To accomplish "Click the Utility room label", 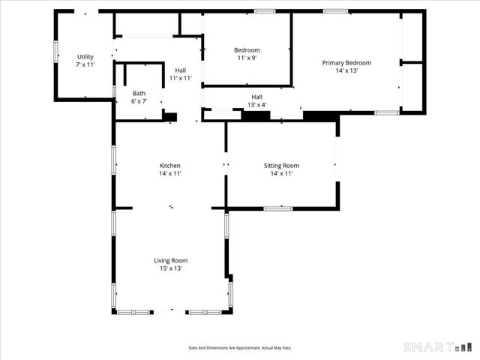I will click(85, 57).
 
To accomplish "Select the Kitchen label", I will click(170, 166).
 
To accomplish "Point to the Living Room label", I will click(170, 260).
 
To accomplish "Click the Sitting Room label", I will click(281, 166).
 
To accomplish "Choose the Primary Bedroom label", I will click(346, 63).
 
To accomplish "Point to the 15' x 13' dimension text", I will click(170, 268).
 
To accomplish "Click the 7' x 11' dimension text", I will click(85, 65).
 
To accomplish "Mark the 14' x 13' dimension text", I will click(346, 70).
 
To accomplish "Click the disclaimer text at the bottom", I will click(239, 347).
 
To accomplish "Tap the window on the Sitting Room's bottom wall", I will click(277, 208).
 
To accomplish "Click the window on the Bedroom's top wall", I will click(264, 10).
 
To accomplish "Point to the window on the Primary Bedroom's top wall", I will click(335, 10).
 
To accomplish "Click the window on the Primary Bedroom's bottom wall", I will click(386, 112).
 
